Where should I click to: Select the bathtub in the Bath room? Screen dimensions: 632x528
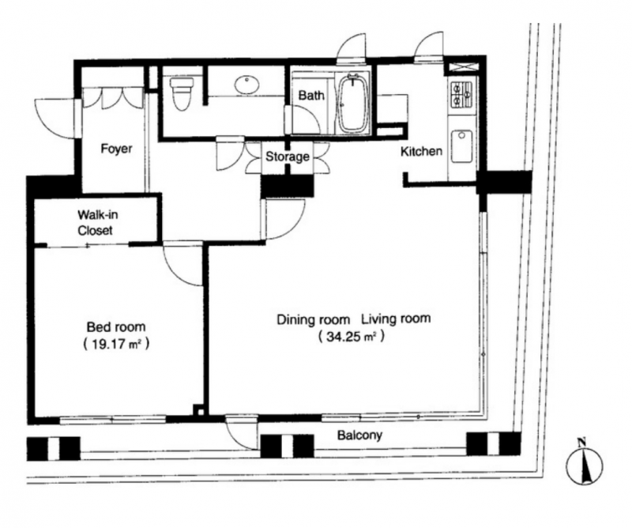click(x=353, y=104)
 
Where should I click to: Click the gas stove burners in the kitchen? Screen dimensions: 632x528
click(x=462, y=94)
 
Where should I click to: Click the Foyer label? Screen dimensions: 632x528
click(x=116, y=149)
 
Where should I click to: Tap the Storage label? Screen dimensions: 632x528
click(x=288, y=156)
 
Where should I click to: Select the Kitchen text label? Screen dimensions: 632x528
click(x=421, y=152)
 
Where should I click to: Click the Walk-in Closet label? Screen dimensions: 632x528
click(x=96, y=222)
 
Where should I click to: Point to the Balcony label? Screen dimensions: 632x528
click(x=360, y=436)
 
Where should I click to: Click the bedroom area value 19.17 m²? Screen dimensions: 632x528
click(x=116, y=344)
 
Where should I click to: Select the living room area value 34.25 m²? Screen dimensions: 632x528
click(x=350, y=337)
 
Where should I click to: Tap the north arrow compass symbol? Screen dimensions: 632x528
click(x=584, y=462)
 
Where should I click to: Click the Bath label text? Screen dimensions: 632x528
click(x=311, y=96)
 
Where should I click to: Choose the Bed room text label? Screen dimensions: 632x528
click(x=116, y=326)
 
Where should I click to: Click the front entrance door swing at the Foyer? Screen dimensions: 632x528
click(x=55, y=119)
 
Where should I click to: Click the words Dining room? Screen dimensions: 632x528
click(x=313, y=320)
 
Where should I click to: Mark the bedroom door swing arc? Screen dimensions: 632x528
click(x=182, y=265)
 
